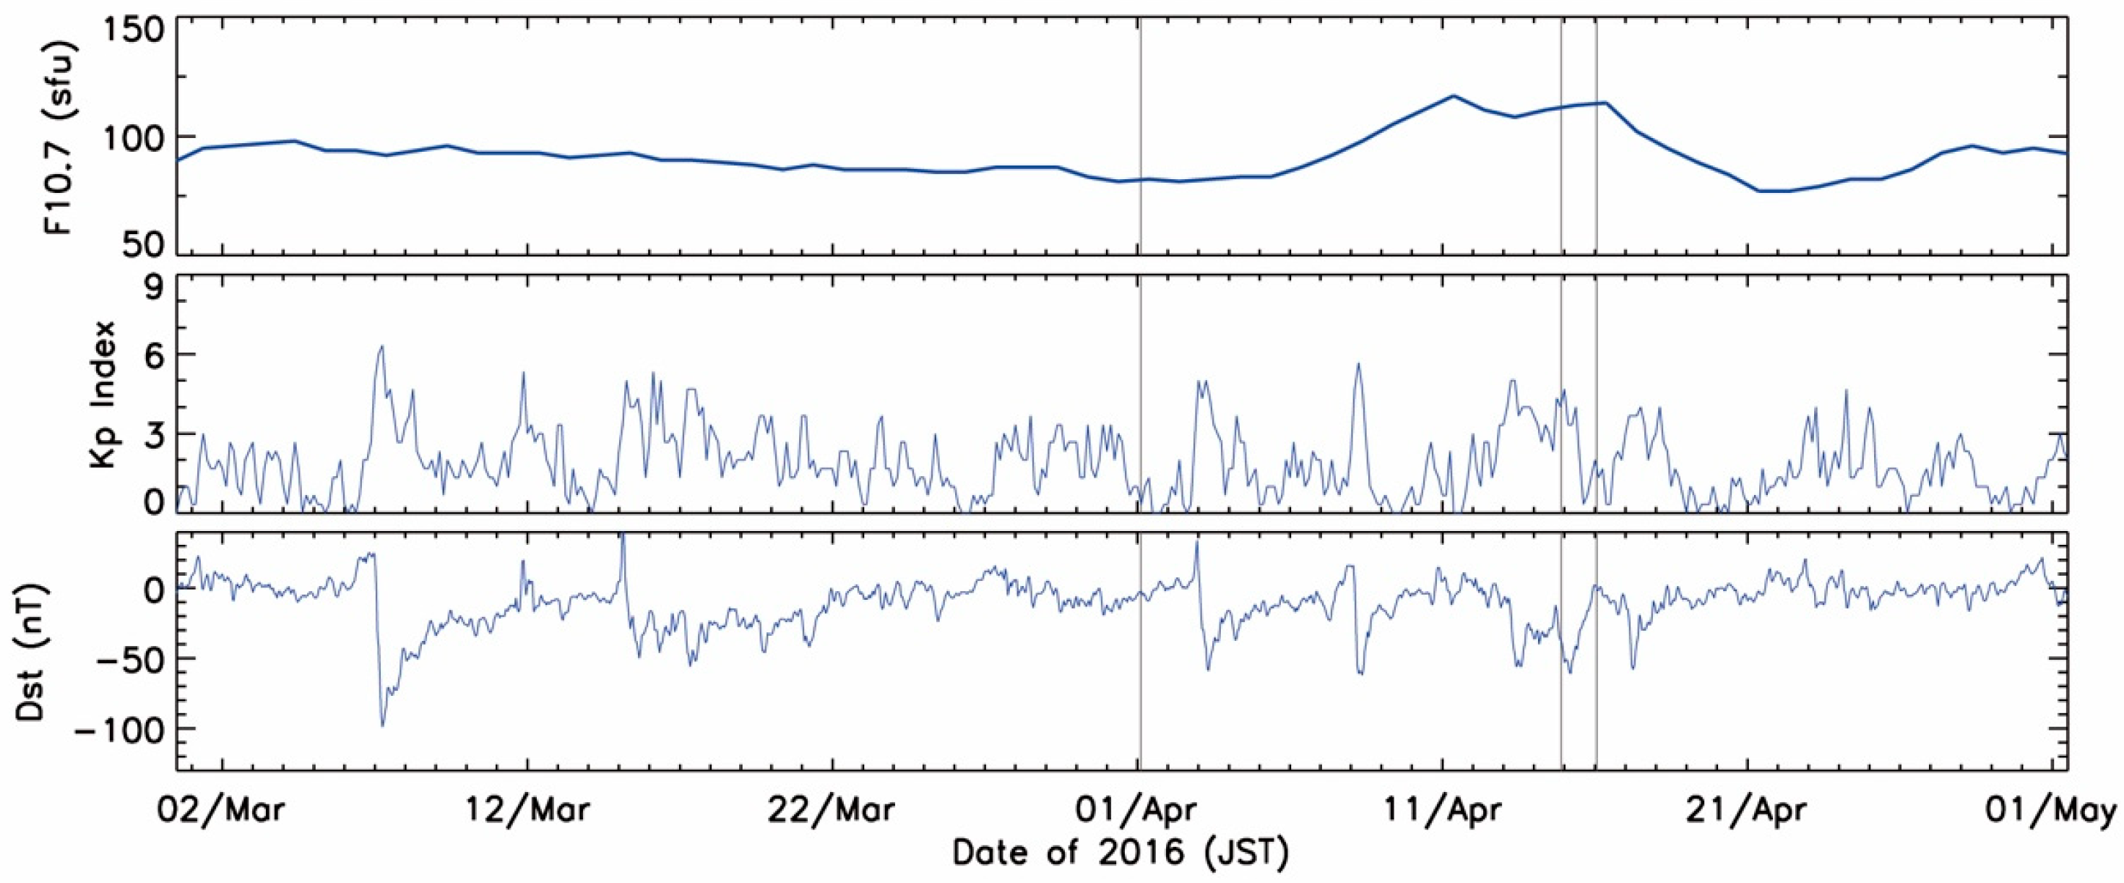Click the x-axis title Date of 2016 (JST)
pos(1121,853)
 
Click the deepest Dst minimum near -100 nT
pos(381,725)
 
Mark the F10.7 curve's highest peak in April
pos(1453,95)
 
